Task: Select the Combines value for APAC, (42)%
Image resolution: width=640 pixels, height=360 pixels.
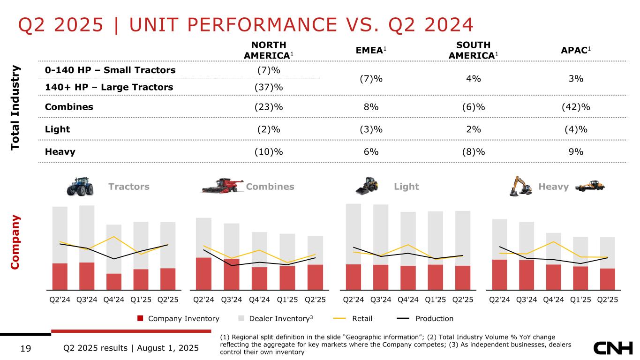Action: coord(576,106)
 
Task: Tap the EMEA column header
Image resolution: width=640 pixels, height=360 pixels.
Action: coord(371,50)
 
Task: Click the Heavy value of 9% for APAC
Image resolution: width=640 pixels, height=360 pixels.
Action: coord(576,151)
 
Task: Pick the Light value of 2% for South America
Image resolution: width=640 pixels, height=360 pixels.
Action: coord(473,129)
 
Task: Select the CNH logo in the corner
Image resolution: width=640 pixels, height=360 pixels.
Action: coord(613,348)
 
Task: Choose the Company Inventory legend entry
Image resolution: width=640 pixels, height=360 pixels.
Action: coord(178,319)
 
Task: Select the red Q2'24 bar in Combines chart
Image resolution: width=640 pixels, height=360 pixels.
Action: coord(203,273)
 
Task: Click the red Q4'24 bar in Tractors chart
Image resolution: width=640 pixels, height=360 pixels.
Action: coord(114,281)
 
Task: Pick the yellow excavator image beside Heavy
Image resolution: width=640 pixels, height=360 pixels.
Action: coord(521,186)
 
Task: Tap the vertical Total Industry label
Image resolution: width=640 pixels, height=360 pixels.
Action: coord(17,108)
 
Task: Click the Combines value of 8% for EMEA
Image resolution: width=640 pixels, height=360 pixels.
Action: coord(371,106)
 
